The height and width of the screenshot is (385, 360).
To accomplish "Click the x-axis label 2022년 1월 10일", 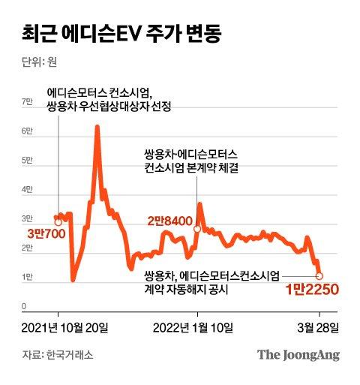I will [x=193, y=327].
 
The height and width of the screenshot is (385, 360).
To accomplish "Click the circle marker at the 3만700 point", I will [x=59, y=222].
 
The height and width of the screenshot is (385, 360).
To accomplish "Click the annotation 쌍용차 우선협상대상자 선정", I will [x=110, y=107].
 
